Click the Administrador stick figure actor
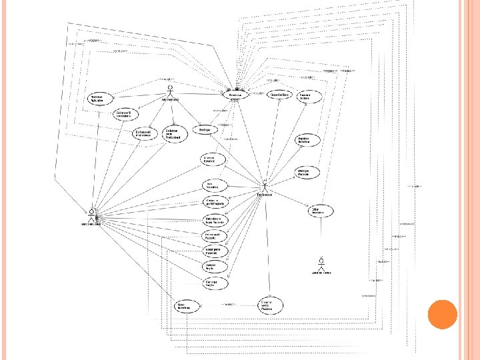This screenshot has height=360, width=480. (171, 91)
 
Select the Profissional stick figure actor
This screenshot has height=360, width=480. (265, 185)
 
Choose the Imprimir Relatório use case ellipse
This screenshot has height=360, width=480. (308, 140)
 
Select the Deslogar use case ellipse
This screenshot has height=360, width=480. (205, 129)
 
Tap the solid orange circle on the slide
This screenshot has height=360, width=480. (441, 314)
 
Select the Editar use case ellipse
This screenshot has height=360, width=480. (316, 211)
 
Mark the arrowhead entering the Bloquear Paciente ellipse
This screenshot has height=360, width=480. (295, 177)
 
